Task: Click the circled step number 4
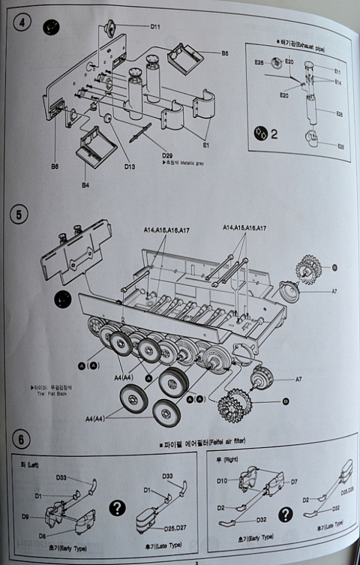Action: [x=21, y=26]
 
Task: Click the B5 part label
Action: [x=225, y=53]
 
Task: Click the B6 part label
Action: [x=54, y=167]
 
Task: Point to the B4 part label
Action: [x=86, y=185]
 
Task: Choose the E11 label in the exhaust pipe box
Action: [x=337, y=72]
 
